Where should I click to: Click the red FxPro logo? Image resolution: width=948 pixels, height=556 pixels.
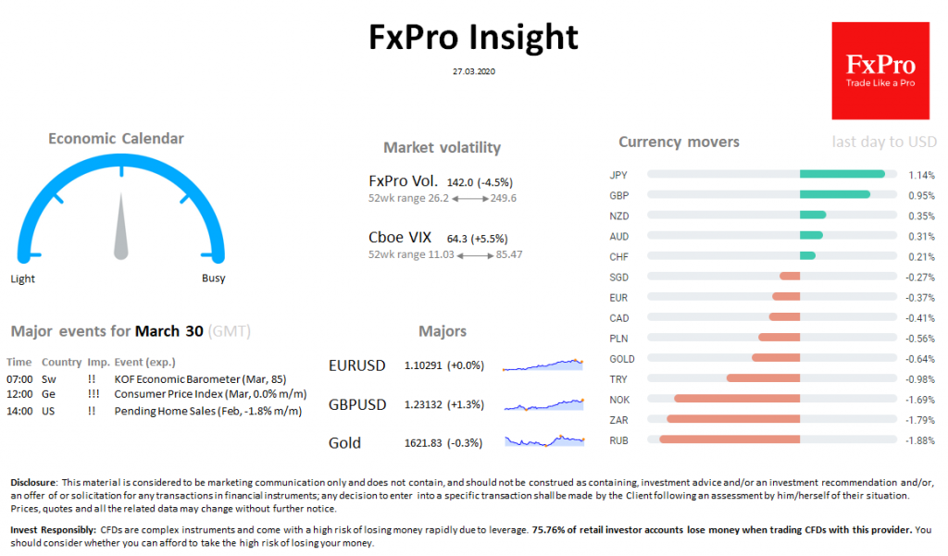coord(879,70)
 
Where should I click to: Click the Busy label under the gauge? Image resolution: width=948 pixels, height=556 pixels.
coord(213,278)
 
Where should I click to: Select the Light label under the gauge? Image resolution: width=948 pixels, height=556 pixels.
coord(23,278)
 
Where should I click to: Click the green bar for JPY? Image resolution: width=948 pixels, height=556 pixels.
coord(842,174)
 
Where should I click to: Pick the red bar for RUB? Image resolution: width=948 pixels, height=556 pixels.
coord(730,440)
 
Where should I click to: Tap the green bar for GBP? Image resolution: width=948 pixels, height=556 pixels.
coord(834,194)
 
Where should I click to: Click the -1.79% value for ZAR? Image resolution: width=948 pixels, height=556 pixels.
coord(919,420)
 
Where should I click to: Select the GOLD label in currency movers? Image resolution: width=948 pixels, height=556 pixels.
coord(622,359)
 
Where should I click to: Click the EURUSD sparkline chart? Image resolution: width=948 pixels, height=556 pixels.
coord(543,364)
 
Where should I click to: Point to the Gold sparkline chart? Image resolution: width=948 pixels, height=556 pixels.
coord(543,440)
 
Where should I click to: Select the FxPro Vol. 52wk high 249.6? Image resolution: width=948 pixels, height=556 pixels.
coord(503,198)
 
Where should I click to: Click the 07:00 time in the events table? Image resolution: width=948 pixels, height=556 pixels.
coord(19,378)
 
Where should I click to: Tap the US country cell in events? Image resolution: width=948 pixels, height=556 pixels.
coord(48,410)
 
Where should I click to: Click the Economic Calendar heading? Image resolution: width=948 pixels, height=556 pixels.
coord(116,139)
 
